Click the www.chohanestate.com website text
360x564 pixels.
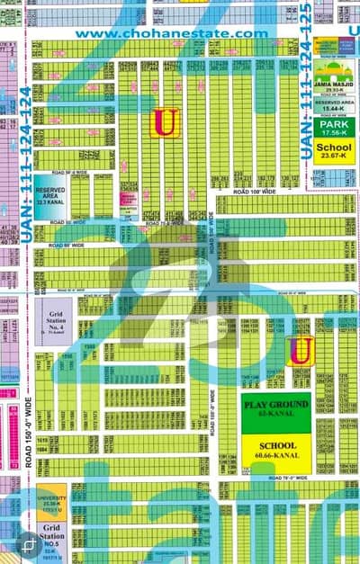point(171,34)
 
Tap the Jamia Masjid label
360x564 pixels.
point(334,88)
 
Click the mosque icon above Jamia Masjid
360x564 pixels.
point(335,69)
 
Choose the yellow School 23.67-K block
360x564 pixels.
point(335,150)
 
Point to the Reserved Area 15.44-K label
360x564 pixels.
point(334,105)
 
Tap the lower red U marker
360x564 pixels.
point(301,348)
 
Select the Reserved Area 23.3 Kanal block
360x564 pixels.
point(50,195)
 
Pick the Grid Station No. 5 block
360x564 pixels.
point(52,535)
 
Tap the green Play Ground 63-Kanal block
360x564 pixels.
point(275,411)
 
